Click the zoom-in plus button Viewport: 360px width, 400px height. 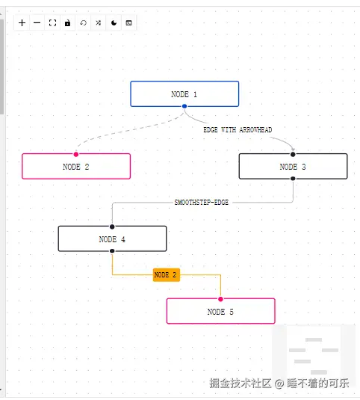click(x=22, y=23)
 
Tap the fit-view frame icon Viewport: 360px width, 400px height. click(x=52, y=23)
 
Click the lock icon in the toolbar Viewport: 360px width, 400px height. click(x=67, y=23)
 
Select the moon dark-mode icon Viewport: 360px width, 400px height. click(x=114, y=23)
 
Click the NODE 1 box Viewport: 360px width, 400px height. click(x=184, y=94)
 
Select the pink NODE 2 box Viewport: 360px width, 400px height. click(x=76, y=166)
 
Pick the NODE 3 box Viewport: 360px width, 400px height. click(x=293, y=166)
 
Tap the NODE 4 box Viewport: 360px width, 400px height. click(x=112, y=239)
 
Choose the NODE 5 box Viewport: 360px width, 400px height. click(x=220, y=311)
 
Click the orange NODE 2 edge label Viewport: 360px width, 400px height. click(x=167, y=275)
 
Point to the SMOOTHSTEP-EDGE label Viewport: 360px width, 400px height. click(x=201, y=203)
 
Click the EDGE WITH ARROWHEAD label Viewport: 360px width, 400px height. click(x=238, y=130)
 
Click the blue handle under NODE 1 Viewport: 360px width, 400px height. click(x=184, y=106)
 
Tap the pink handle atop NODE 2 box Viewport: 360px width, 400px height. click(x=76, y=154)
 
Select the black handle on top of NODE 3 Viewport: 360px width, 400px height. click(x=293, y=154)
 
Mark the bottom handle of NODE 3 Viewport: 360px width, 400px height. click(x=293, y=179)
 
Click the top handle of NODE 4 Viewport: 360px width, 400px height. click(x=112, y=227)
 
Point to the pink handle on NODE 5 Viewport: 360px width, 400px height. click(x=220, y=299)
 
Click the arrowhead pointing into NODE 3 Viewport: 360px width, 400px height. click(x=294, y=150)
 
